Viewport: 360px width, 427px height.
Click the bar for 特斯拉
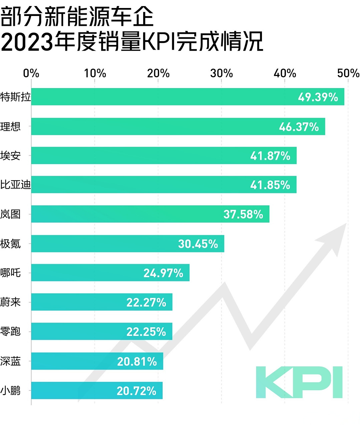tap(167, 97)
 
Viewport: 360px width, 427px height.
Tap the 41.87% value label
tap(270, 156)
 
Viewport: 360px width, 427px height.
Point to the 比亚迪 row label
tap(15, 184)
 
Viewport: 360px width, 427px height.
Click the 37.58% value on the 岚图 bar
tap(243, 214)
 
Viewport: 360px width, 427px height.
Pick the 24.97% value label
tap(163, 273)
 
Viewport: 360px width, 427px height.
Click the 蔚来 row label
tap(11, 302)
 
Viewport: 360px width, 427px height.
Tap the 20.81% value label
tap(137, 361)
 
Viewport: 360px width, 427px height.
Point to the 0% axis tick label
tap(31, 73)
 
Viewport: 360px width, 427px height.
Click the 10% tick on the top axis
tap(95, 73)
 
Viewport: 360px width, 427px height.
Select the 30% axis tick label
tap(222, 73)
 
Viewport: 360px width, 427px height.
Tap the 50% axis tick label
tap(348, 73)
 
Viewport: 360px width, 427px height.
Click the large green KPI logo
tap(299, 382)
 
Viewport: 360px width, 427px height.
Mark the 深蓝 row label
tap(11, 361)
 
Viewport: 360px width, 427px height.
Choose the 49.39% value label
tap(318, 97)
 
